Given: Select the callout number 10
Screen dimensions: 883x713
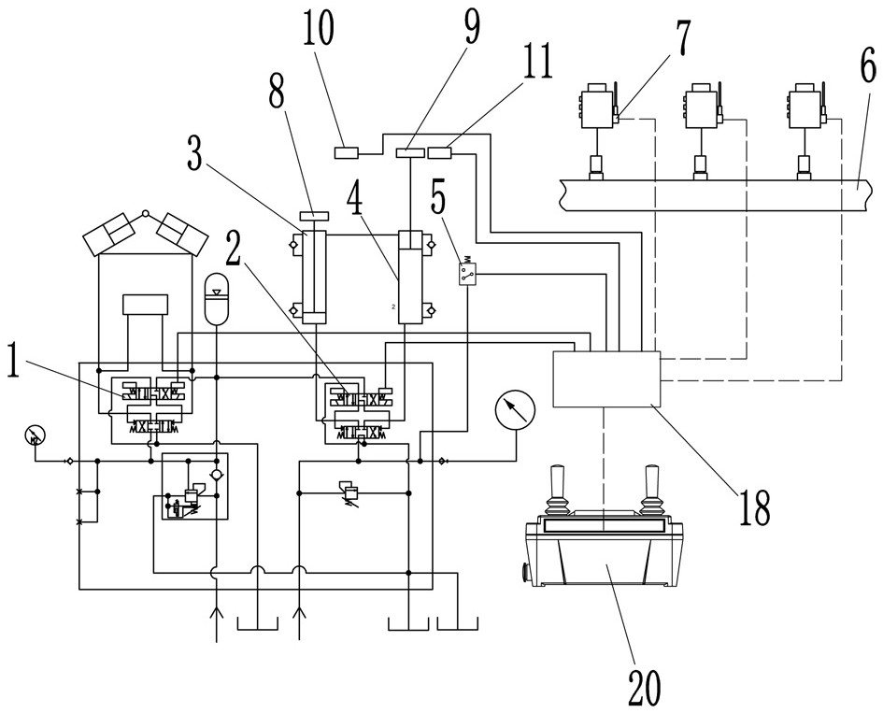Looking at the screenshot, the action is (x=318, y=29).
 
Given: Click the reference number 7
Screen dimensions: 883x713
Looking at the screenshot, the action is (x=681, y=39).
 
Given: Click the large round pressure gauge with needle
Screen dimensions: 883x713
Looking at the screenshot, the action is (x=515, y=410).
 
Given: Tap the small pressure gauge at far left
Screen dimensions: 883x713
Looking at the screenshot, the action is (x=35, y=435).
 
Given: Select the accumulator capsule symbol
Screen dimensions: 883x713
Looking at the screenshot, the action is (x=218, y=298).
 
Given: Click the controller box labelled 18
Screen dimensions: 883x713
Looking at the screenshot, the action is (x=606, y=378).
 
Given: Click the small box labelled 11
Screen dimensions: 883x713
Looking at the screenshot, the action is (x=440, y=152).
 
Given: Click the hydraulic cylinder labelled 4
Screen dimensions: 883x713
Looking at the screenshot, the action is (x=410, y=277).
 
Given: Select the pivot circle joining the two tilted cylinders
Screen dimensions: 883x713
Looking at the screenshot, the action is (x=145, y=213).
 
